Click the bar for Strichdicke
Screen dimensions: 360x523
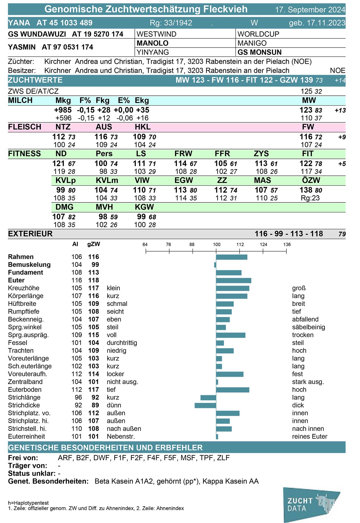pos(205,405)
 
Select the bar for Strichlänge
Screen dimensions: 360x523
pos(208,398)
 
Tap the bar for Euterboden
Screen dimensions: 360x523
pos(233,390)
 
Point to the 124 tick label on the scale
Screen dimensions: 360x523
pos(263,244)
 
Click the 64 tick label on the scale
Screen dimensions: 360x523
pos(145,244)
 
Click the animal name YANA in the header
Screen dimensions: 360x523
pos(19,23)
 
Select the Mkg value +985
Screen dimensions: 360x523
pos(63,110)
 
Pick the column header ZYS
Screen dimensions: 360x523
pos(261,154)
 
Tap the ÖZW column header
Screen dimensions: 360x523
pos(311,180)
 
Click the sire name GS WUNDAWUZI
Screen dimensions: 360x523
pos(37,34)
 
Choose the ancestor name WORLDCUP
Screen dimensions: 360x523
pos(258,34)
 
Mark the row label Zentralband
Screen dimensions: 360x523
pos(25,382)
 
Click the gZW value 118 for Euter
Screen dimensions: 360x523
pos(94,280)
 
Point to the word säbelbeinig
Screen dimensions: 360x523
pos(309,327)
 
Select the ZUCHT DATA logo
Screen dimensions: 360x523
pos(311,504)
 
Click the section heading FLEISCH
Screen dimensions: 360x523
pos(25,127)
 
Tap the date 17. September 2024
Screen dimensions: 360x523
pos(310,10)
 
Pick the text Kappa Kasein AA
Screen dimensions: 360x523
pos(231,481)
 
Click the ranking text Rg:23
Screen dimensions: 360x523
pos(310,198)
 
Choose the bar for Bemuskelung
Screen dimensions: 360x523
pos(215,265)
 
